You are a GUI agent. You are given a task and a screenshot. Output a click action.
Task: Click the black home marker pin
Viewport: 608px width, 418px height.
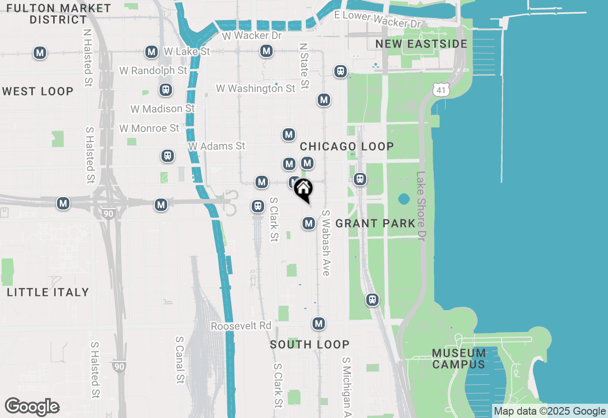[303, 190]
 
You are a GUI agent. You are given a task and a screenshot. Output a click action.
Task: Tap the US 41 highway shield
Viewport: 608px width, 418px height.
[441, 88]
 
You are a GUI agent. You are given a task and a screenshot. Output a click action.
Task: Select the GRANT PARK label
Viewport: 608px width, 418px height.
[376, 223]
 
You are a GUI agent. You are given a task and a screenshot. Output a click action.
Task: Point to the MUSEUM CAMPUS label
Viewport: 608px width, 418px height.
[459, 359]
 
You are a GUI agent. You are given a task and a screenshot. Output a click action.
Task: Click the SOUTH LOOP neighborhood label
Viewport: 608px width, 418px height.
[310, 344]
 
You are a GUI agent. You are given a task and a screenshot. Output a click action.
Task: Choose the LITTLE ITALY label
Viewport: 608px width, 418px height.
[48, 292]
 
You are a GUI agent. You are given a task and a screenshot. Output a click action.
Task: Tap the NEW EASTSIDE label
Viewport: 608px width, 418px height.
[421, 44]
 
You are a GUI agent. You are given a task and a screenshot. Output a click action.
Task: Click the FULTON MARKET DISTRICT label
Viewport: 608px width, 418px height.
[59, 14]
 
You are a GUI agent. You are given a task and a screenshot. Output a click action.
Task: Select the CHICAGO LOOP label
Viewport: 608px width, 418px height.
[347, 146]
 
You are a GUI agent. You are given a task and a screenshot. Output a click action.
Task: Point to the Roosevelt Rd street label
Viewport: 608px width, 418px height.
[241, 326]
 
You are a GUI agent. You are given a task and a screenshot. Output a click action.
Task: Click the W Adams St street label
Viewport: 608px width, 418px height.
[217, 146]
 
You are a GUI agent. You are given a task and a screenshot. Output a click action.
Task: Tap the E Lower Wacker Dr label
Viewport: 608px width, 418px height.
[378, 19]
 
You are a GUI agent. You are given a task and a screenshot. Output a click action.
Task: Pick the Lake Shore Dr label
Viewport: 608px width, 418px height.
[421, 206]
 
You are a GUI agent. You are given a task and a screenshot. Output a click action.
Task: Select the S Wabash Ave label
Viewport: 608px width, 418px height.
[326, 243]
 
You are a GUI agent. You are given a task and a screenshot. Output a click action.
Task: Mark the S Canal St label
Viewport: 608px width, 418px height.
[180, 360]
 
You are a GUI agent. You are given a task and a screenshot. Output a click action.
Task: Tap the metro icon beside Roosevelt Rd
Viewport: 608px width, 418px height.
[319, 324]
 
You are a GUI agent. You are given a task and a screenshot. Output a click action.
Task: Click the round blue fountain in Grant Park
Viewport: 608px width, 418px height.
[404, 199]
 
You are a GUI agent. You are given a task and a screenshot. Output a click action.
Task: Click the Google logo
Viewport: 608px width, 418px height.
[32, 407]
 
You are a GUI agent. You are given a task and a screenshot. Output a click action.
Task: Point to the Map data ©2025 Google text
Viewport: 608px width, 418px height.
[550, 411]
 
